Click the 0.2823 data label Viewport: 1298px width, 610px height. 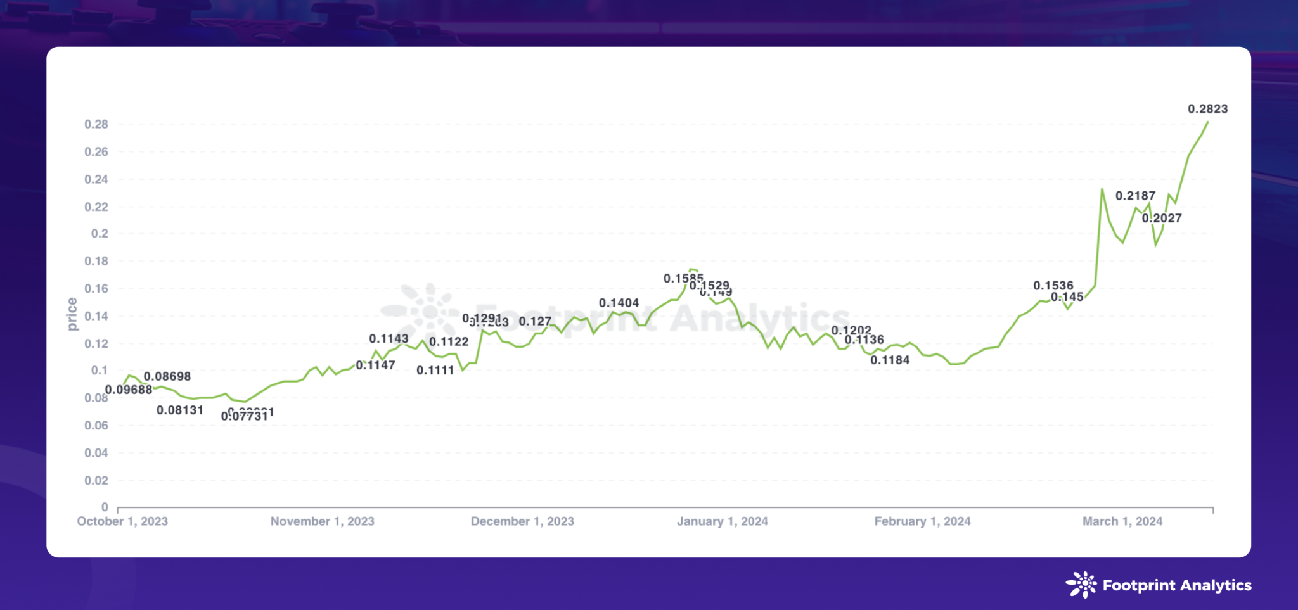point(1207,109)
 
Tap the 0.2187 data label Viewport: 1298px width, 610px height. point(1135,196)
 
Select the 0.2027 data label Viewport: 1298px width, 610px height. point(1162,218)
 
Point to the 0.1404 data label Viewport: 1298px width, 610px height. point(619,303)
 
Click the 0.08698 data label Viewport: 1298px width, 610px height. point(167,376)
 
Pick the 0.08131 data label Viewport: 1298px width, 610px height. point(180,410)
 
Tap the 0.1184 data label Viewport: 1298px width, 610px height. point(890,360)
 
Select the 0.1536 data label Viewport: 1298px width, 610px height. point(1053,286)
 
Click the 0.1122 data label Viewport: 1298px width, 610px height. point(449,342)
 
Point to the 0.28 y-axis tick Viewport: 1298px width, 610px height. point(96,124)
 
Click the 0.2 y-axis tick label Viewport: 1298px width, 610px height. point(100,234)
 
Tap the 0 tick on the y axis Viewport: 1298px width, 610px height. point(105,507)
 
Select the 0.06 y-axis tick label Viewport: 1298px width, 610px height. point(96,426)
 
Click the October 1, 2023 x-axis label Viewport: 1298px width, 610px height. point(122,521)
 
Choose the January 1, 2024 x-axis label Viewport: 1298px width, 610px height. point(722,521)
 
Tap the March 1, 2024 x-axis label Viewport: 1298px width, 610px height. point(1122,521)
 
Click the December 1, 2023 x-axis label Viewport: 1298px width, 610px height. point(522,521)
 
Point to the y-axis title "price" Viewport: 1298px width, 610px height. point(72,314)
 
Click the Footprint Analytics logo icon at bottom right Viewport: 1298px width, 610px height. point(1081,585)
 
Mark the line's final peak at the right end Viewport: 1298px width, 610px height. point(1208,122)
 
